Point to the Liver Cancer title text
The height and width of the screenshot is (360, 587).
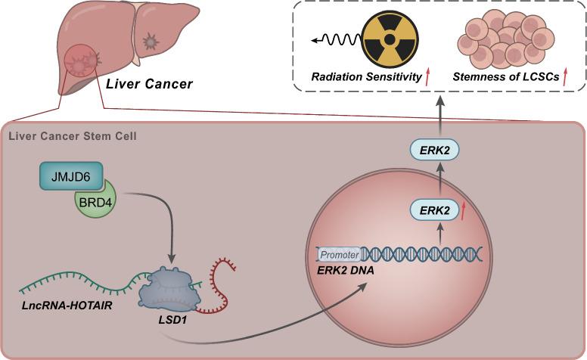(x=148, y=84)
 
